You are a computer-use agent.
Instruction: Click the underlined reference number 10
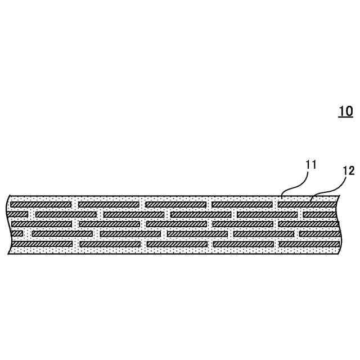pyautogui.click(x=345, y=111)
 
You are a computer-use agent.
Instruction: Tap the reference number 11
pyautogui.click(x=311, y=165)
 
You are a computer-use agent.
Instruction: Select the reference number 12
pyautogui.click(x=349, y=171)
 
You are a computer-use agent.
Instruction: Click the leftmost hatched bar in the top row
pyautogui.click(x=41, y=204)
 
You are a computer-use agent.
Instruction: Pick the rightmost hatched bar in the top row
pyautogui.click(x=307, y=204)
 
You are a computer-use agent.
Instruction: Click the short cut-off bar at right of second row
pyautogui.click(x=321, y=214)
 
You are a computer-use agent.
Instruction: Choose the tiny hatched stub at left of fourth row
pyautogui.click(x=17, y=233)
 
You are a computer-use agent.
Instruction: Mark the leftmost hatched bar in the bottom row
pyautogui.click(x=42, y=244)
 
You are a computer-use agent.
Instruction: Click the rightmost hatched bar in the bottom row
pyautogui.click(x=309, y=244)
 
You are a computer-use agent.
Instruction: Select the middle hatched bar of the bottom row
pyautogui.click(x=177, y=244)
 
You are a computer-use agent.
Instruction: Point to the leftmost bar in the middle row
pyautogui.click(x=42, y=224)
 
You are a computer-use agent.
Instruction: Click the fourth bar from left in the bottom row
pyautogui.click(x=243, y=244)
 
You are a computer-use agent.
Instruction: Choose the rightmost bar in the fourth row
pyautogui.click(x=319, y=233)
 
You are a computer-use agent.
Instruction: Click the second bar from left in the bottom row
pyautogui.click(x=110, y=244)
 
